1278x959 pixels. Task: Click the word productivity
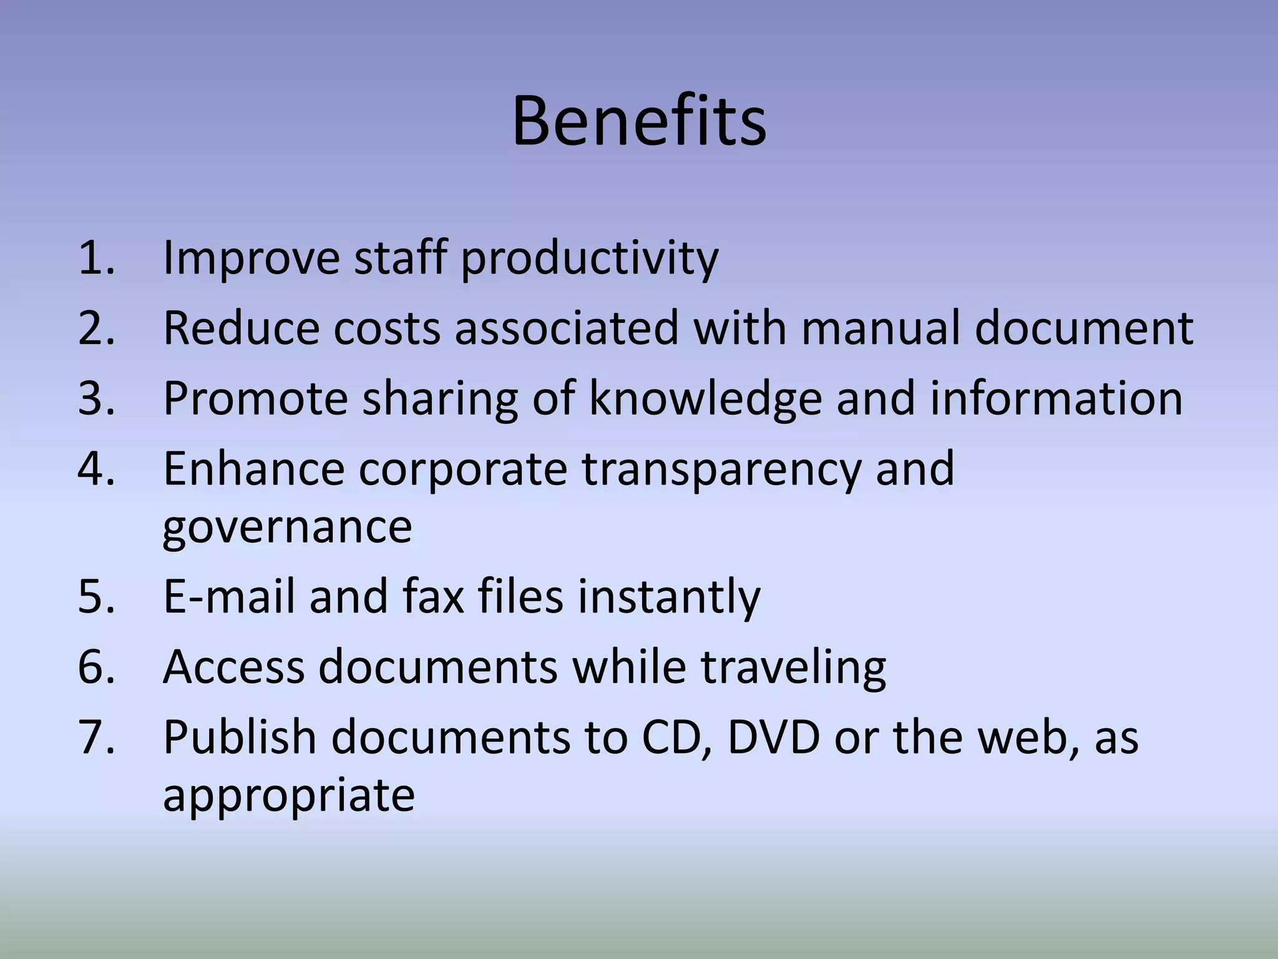(590, 258)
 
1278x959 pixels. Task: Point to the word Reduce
(241, 328)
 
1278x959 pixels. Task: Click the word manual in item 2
(880, 328)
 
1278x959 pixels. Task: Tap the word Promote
(255, 398)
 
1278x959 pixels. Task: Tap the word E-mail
(228, 596)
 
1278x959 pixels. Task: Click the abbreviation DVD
(773, 737)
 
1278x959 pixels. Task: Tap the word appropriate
(288, 797)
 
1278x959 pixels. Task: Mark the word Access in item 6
(233, 667)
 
